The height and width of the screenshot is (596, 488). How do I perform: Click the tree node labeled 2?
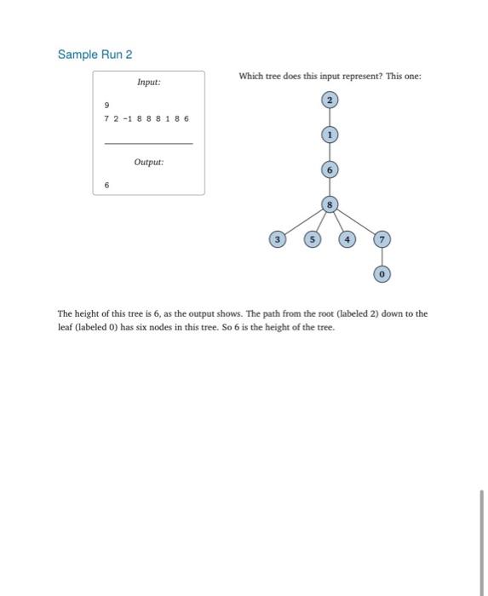[330, 100]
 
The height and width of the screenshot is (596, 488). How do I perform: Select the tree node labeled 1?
[330, 135]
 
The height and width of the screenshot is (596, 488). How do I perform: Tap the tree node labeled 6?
[330, 169]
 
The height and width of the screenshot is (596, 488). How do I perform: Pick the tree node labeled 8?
[330, 204]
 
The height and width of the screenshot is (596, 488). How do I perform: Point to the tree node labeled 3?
[277, 240]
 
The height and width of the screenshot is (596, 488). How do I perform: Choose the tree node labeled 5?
[312, 240]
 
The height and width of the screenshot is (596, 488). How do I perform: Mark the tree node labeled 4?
[347, 240]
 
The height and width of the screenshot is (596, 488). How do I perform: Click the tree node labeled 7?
[382, 240]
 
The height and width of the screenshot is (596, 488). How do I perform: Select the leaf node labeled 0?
[382, 274]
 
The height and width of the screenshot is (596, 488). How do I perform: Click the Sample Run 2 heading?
[95, 54]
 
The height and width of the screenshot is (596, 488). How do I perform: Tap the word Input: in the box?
[148, 83]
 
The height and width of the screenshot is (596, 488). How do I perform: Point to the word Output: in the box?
[148, 161]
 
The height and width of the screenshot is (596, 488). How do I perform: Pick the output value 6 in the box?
[106, 184]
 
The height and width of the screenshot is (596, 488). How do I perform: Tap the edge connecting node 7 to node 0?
[382, 257]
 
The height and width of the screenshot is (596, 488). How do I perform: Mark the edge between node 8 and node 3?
[303, 222]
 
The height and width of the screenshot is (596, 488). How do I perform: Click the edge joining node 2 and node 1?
[330, 117]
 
